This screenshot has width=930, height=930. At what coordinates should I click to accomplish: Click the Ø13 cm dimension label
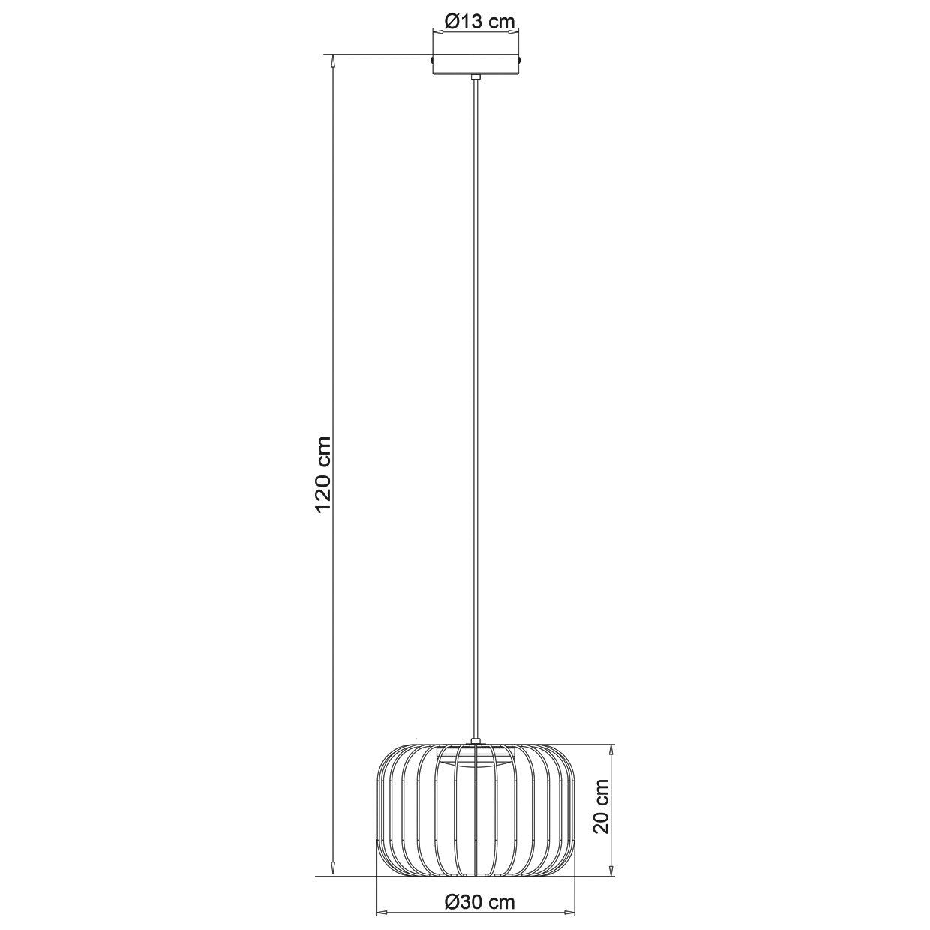(x=478, y=22)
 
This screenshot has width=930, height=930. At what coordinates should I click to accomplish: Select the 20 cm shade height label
(x=600, y=805)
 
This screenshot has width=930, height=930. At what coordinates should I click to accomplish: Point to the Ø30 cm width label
(x=478, y=902)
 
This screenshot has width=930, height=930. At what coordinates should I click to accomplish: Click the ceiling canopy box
(x=475, y=65)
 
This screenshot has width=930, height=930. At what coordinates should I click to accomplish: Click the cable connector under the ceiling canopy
(x=475, y=77)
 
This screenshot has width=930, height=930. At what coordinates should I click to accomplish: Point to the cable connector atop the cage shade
(x=475, y=743)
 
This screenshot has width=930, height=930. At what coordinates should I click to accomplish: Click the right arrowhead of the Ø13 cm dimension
(x=514, y=32)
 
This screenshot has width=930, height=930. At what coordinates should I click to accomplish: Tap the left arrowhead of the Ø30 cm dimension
(x=381, y=913)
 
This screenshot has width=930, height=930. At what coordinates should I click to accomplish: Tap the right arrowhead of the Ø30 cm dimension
(x=571, y=913)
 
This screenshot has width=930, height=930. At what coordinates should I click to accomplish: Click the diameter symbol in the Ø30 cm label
(x=450, y=902)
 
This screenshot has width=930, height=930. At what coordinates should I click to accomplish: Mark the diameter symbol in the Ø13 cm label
(x=451, y=22)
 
